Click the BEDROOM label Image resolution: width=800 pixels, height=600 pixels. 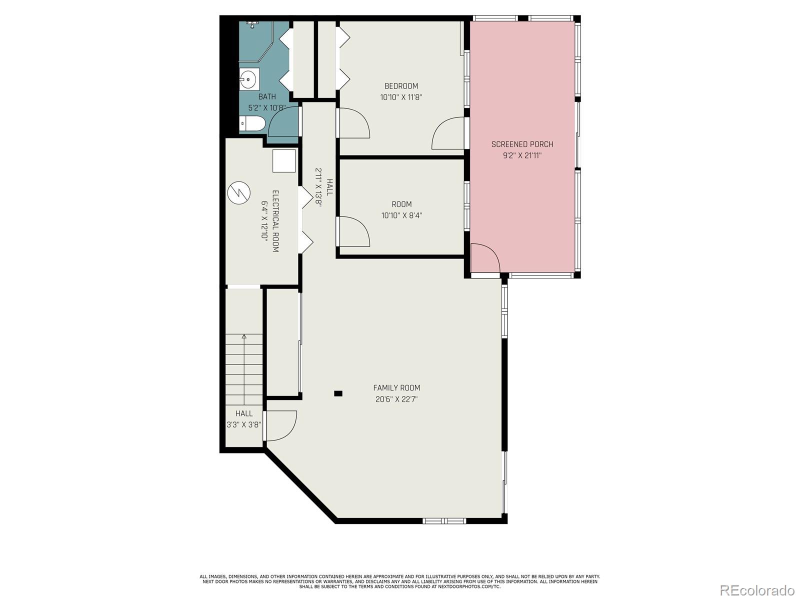[401, 86]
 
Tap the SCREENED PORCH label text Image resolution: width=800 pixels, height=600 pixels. [522, 144]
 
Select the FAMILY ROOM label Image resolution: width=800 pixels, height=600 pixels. [396, 388]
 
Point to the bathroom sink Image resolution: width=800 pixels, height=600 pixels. [249, 78]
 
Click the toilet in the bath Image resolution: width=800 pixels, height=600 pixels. [252, 123]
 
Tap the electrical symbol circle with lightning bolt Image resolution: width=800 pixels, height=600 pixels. [238, 192]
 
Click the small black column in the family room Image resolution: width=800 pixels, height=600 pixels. [338, 393]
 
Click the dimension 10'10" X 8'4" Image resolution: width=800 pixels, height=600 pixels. [401, 215]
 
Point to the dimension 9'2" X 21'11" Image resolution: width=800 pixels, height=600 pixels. [522, 155]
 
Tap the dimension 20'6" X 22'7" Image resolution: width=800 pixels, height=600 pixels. [396, 399]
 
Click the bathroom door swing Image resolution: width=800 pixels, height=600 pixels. [283, 121]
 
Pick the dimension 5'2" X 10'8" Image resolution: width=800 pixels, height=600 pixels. [267, 108]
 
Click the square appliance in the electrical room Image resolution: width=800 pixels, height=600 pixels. [284, 160]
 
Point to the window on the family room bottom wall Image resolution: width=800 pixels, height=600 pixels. [444, 521]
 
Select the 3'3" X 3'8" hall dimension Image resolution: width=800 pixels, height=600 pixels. [244, 425]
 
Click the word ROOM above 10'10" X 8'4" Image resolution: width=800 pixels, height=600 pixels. [401, 204]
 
